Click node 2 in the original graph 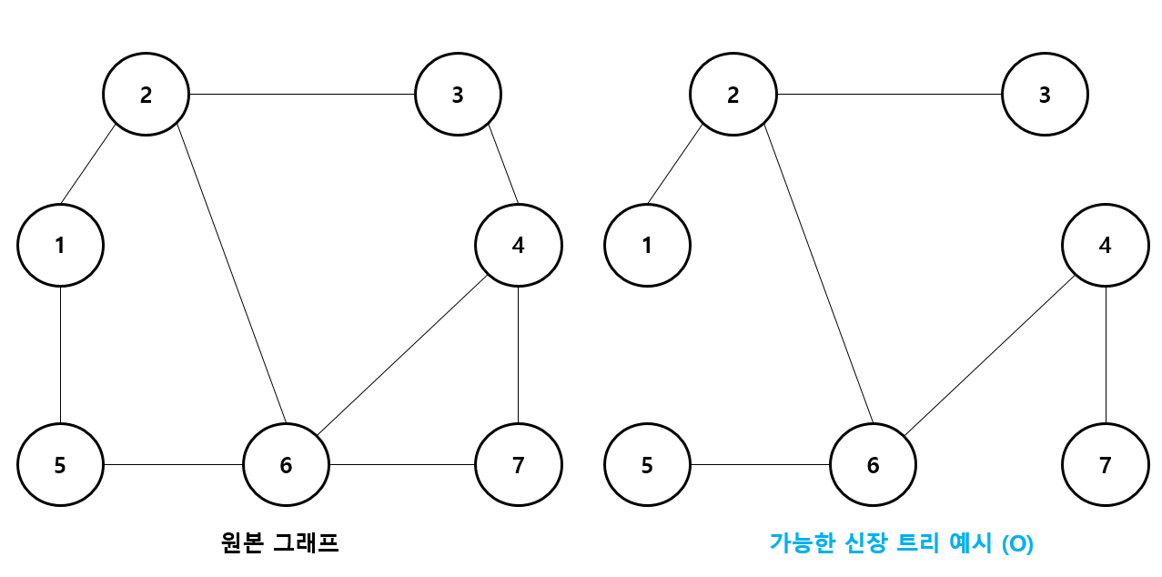[146, 94]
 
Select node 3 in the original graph [458, 94]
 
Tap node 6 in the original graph [286, 465]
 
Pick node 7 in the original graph [519, 465]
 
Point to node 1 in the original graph [60, 245]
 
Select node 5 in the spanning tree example [647, 465]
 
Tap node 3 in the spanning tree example [1045, 94]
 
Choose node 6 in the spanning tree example [873, 465]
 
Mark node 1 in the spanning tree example [647, 245]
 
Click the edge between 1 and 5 [60, 355]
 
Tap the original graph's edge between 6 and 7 [402, 465]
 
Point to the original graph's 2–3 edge [301, 94]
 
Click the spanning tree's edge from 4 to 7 [1106, 355]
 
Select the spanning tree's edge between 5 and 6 [760, 465]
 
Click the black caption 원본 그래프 [279, 543]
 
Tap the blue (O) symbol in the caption [1017, 544]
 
